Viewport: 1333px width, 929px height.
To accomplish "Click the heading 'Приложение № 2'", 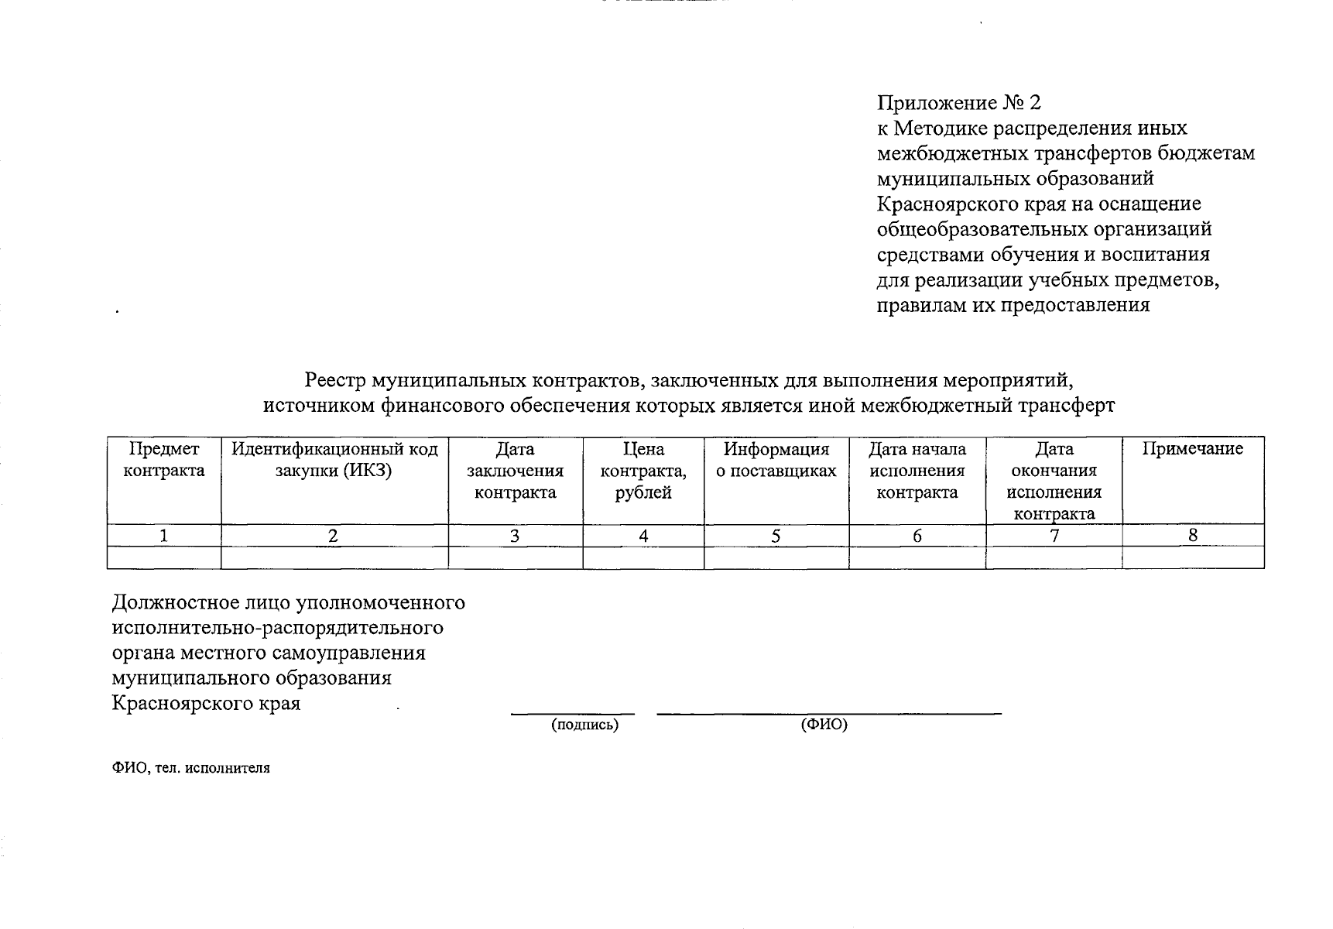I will (x=959, y=103).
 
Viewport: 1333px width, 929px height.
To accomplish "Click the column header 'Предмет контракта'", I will (x=163, y=460).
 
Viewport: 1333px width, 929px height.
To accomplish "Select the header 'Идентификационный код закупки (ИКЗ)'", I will (x=334, y=460).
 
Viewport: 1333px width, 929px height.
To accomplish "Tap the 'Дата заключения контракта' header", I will (x=515, y=471).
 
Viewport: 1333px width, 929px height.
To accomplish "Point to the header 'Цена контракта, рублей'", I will (x=643, y=471).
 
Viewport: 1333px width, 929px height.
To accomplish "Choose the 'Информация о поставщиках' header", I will (x=776, y=460).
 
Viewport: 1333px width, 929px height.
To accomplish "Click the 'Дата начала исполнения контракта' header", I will (x=917, y=471).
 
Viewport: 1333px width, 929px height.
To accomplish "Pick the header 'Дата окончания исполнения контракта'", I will (x=1054, y=481).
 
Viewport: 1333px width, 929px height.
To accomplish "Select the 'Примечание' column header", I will (x=1192, y=449).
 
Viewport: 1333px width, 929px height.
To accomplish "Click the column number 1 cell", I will (x=163, y=536).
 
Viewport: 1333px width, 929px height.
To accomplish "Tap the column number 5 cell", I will (x=776, y=536).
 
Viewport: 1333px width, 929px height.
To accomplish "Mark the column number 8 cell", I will (x=1192, y=535).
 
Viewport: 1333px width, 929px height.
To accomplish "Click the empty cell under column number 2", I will (x=334, y=557).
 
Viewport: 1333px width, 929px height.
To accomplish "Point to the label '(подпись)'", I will (x=584, y=725).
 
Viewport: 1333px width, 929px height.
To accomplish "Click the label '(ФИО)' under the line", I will (x=824, y=725).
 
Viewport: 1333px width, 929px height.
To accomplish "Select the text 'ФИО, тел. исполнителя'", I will (x=191, y=768).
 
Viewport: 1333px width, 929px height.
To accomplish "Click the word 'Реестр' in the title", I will (x=335, y=381).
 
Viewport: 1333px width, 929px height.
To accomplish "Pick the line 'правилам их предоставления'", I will (x=1013, y=305).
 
